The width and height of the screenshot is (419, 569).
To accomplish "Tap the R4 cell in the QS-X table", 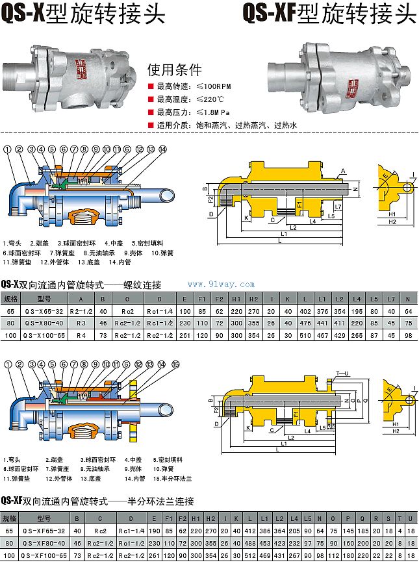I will (x=81, y=335).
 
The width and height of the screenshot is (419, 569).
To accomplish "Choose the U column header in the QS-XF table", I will (x=411, y=518).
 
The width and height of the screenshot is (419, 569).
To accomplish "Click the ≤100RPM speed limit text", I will (x=195, y=86).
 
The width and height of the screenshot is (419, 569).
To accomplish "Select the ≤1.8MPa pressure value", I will (x=195, y=112).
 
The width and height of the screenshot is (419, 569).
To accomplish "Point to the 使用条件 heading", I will (x=174, y=70).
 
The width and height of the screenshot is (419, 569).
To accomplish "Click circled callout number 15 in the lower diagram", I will (x=175, y=364).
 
